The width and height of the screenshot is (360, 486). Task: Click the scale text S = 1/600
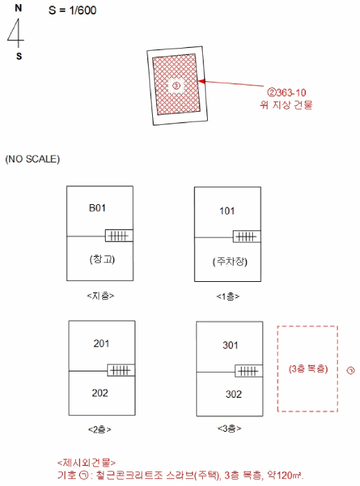(72, 10)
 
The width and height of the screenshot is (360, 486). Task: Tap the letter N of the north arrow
(18, 8)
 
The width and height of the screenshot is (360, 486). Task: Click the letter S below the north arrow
(19, 56)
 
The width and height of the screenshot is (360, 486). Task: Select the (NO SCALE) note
(33, 159)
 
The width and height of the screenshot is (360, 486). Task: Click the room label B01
(97, 208)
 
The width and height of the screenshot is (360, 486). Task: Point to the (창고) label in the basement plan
(102, 259)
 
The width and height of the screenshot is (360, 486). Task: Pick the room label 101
(227, 211)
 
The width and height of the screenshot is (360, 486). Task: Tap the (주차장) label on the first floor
(230, 262)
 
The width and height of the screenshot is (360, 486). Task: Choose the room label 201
(101, 344)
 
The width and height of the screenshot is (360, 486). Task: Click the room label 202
(100, 393)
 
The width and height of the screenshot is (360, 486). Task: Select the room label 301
(230, 345)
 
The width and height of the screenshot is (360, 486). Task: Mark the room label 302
(234, 394)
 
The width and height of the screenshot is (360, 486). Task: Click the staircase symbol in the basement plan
(119, 235)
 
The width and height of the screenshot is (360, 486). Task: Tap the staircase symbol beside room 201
(121, 370)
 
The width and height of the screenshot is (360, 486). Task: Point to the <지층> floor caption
(101, 296)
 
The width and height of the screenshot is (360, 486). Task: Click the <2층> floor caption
(99, 430)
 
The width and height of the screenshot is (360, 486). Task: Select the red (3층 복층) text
(308, 369)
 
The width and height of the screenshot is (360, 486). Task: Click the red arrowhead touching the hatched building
(202, 81)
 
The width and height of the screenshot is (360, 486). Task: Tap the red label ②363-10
(287, 92)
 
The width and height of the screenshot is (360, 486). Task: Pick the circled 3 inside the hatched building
(176, 85)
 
